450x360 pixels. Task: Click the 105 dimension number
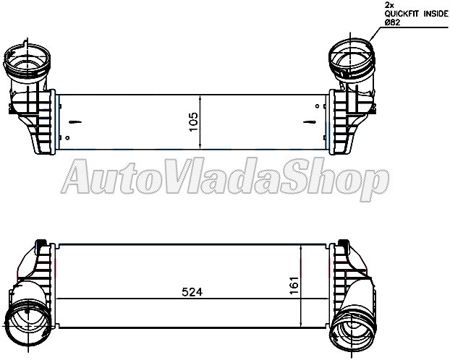coord(192,119)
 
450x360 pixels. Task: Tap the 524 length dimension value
coord(192,293)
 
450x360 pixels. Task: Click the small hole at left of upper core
coord(67,137)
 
